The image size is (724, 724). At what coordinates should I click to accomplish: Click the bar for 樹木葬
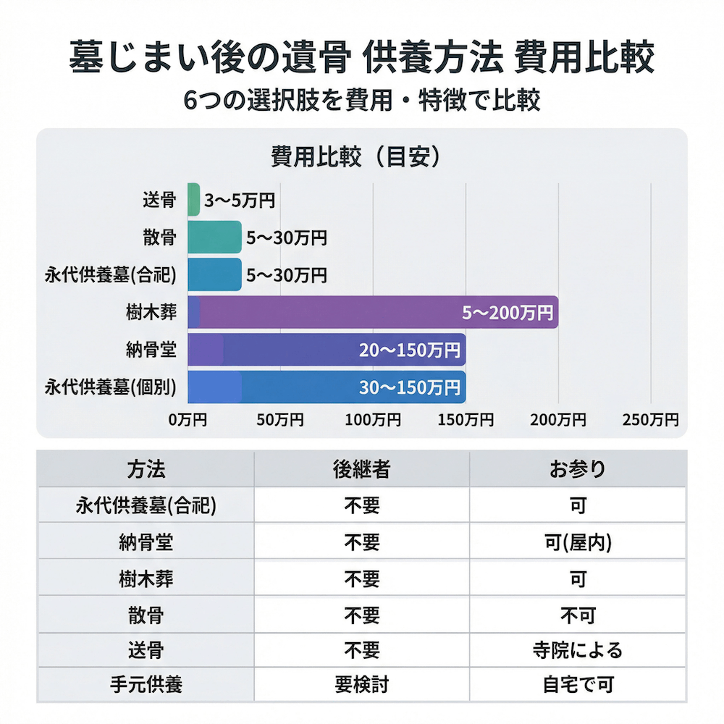pos(373,312)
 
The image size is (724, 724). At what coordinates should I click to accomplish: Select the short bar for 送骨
pos(193,199)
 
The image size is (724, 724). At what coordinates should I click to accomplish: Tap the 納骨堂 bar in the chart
pos(326,350)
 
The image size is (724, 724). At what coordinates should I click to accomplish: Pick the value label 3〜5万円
pos(240,201)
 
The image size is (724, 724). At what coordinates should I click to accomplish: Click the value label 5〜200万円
pos(508,313)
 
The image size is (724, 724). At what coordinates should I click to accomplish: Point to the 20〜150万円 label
pos(410,350)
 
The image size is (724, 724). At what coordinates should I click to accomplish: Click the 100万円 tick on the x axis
pos(373,420)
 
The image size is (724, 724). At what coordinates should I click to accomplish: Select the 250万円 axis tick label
pos(651,420)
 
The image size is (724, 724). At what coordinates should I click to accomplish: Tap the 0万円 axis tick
pos(188,420)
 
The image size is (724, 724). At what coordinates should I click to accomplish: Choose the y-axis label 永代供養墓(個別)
pos(111,387)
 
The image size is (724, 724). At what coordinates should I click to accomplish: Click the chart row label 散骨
pos(159,237)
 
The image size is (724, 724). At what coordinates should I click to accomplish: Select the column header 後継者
pos(361,469)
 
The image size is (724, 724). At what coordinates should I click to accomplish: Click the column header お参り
pos(577,469)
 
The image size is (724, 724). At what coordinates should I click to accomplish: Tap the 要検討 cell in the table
pos(361,684)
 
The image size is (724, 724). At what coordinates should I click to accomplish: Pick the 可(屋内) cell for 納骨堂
pos(577,542)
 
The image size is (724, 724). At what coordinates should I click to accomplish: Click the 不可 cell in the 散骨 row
pos(577,615)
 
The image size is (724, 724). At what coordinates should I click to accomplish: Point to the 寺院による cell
pos(577,649)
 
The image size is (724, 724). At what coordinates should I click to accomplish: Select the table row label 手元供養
pos(146,684)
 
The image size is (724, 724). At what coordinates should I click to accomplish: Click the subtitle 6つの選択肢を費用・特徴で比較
pos(361,100)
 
